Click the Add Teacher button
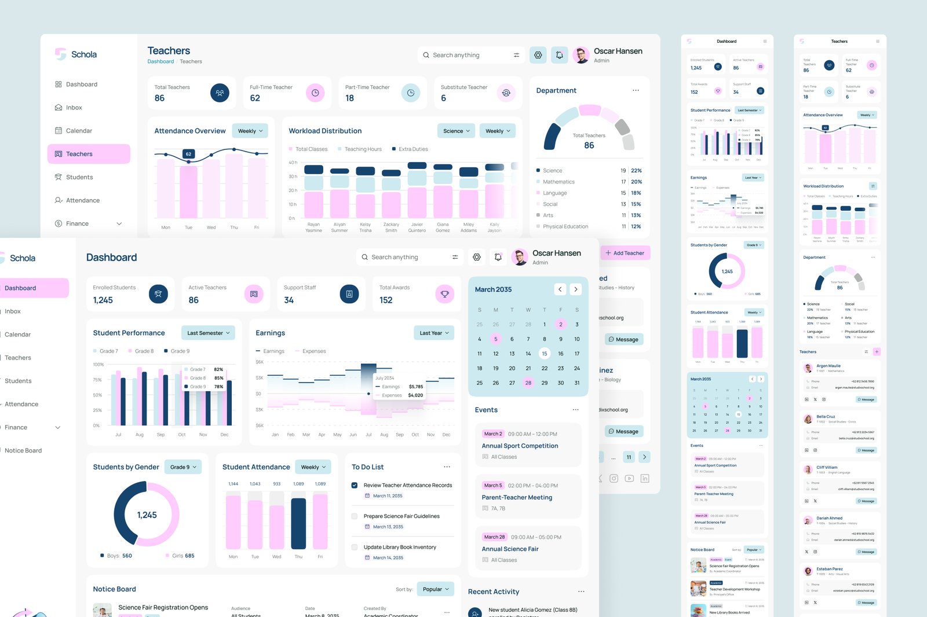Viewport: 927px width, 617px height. (625, 253)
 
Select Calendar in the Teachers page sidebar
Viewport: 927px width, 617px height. (79, 131)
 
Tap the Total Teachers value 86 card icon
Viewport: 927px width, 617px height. (220, 93)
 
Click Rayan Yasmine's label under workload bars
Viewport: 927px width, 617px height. (313, 227)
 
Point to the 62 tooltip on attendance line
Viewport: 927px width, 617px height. (188, 154)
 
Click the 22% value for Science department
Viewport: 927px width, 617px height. (636, 171)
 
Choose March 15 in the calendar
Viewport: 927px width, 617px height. (544, 354)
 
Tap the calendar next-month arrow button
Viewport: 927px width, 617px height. (575, 289)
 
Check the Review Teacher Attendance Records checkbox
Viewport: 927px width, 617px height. (355, 486)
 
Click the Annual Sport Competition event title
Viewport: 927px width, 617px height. (520, 446)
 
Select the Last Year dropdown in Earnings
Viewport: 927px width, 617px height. (434, 333)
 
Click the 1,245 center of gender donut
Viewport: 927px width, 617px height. (147, 515)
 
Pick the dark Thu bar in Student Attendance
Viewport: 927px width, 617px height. (298, 523)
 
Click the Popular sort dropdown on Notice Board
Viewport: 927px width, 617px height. (436, 589)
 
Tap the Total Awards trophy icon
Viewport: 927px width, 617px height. (444, 294)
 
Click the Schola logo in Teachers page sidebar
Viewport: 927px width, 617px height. (76, 54)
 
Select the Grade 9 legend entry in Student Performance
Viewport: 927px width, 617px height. (177, 351)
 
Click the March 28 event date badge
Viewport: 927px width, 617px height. (494, 537)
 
